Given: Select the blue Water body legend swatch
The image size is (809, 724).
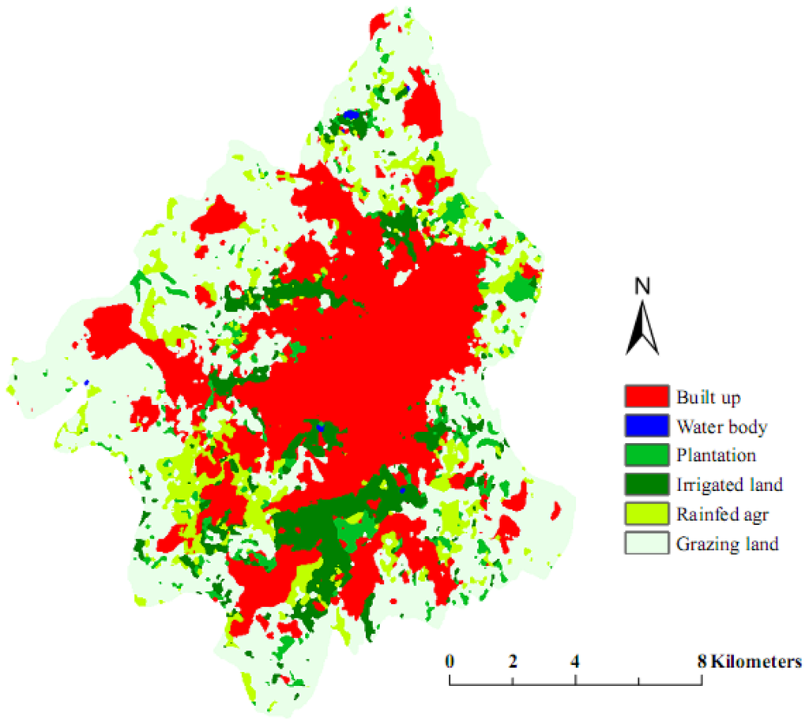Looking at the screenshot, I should click(x=647, y=426).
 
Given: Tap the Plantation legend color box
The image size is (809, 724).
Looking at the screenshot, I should click(x=647, y=456).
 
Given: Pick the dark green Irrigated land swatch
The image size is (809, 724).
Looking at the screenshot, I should click(x=647, y=485).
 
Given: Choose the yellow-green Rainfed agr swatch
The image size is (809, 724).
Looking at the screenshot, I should click(x=647, y=514).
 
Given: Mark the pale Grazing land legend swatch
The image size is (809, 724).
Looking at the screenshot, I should click(x=647, y=543).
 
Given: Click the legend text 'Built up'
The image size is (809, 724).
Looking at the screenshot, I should click(x=709, y=396).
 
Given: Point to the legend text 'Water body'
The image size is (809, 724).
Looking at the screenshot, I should click(x=721, y=426).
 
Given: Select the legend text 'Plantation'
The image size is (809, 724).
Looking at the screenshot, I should click(x=717, y=456).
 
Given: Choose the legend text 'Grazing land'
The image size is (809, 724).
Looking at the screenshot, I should click(x=728, y=543).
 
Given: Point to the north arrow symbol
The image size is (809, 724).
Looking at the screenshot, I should click(x=642, y=328).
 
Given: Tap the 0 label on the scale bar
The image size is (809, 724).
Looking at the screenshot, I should click(x=450, y=661).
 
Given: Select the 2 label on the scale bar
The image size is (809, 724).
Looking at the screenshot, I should click(x=513, y=661).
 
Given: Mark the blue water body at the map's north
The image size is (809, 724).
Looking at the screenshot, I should click(x=350, y=115).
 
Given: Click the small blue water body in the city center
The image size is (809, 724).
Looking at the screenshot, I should click(x=320, y=426).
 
